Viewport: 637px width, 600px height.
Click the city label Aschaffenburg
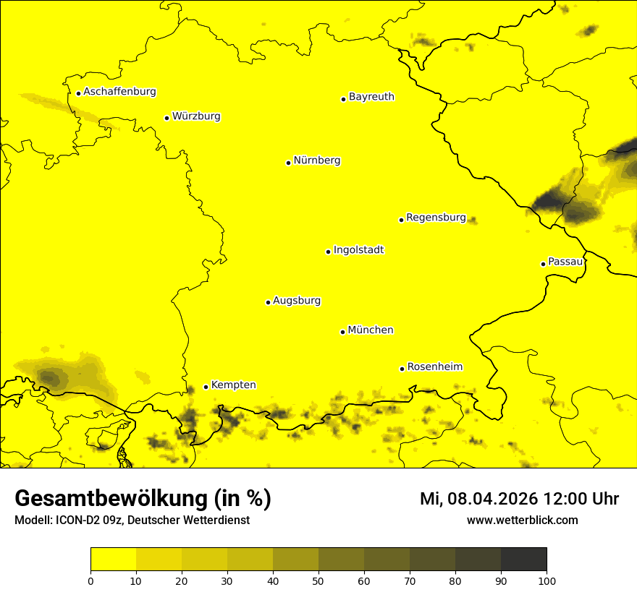click(x=119, y=92)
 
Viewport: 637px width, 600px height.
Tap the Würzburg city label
click(x=196, y=116)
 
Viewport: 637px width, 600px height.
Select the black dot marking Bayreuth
click(x=344, y=99)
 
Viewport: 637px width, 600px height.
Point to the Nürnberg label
click(x=317, y=160)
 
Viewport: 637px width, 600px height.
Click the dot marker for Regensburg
click(x=401, y=220)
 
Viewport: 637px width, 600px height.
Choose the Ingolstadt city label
click(x=358, y=250)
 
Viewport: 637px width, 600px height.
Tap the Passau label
click(x=565, y=262)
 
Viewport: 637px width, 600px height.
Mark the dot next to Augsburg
click(x=268, y=302)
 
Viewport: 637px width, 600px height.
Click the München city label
click(x=371, y=330)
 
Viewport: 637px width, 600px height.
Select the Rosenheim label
click(x=434, y=367)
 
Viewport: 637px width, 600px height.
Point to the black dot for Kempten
click(x=206, y=387)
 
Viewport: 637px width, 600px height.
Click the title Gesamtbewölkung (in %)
click(x=143, y=499)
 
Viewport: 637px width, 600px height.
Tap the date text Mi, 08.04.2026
click(x=479, y=499)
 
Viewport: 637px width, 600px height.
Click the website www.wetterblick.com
click(x=522, y=520)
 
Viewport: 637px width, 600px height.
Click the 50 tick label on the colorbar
click(x=318, y=580)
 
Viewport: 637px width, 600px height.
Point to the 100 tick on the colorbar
click(x=547, y=580)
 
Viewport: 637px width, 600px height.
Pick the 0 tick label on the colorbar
click(x=90, y=580)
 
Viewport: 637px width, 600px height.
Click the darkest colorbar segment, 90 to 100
click(x=523, y=559)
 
